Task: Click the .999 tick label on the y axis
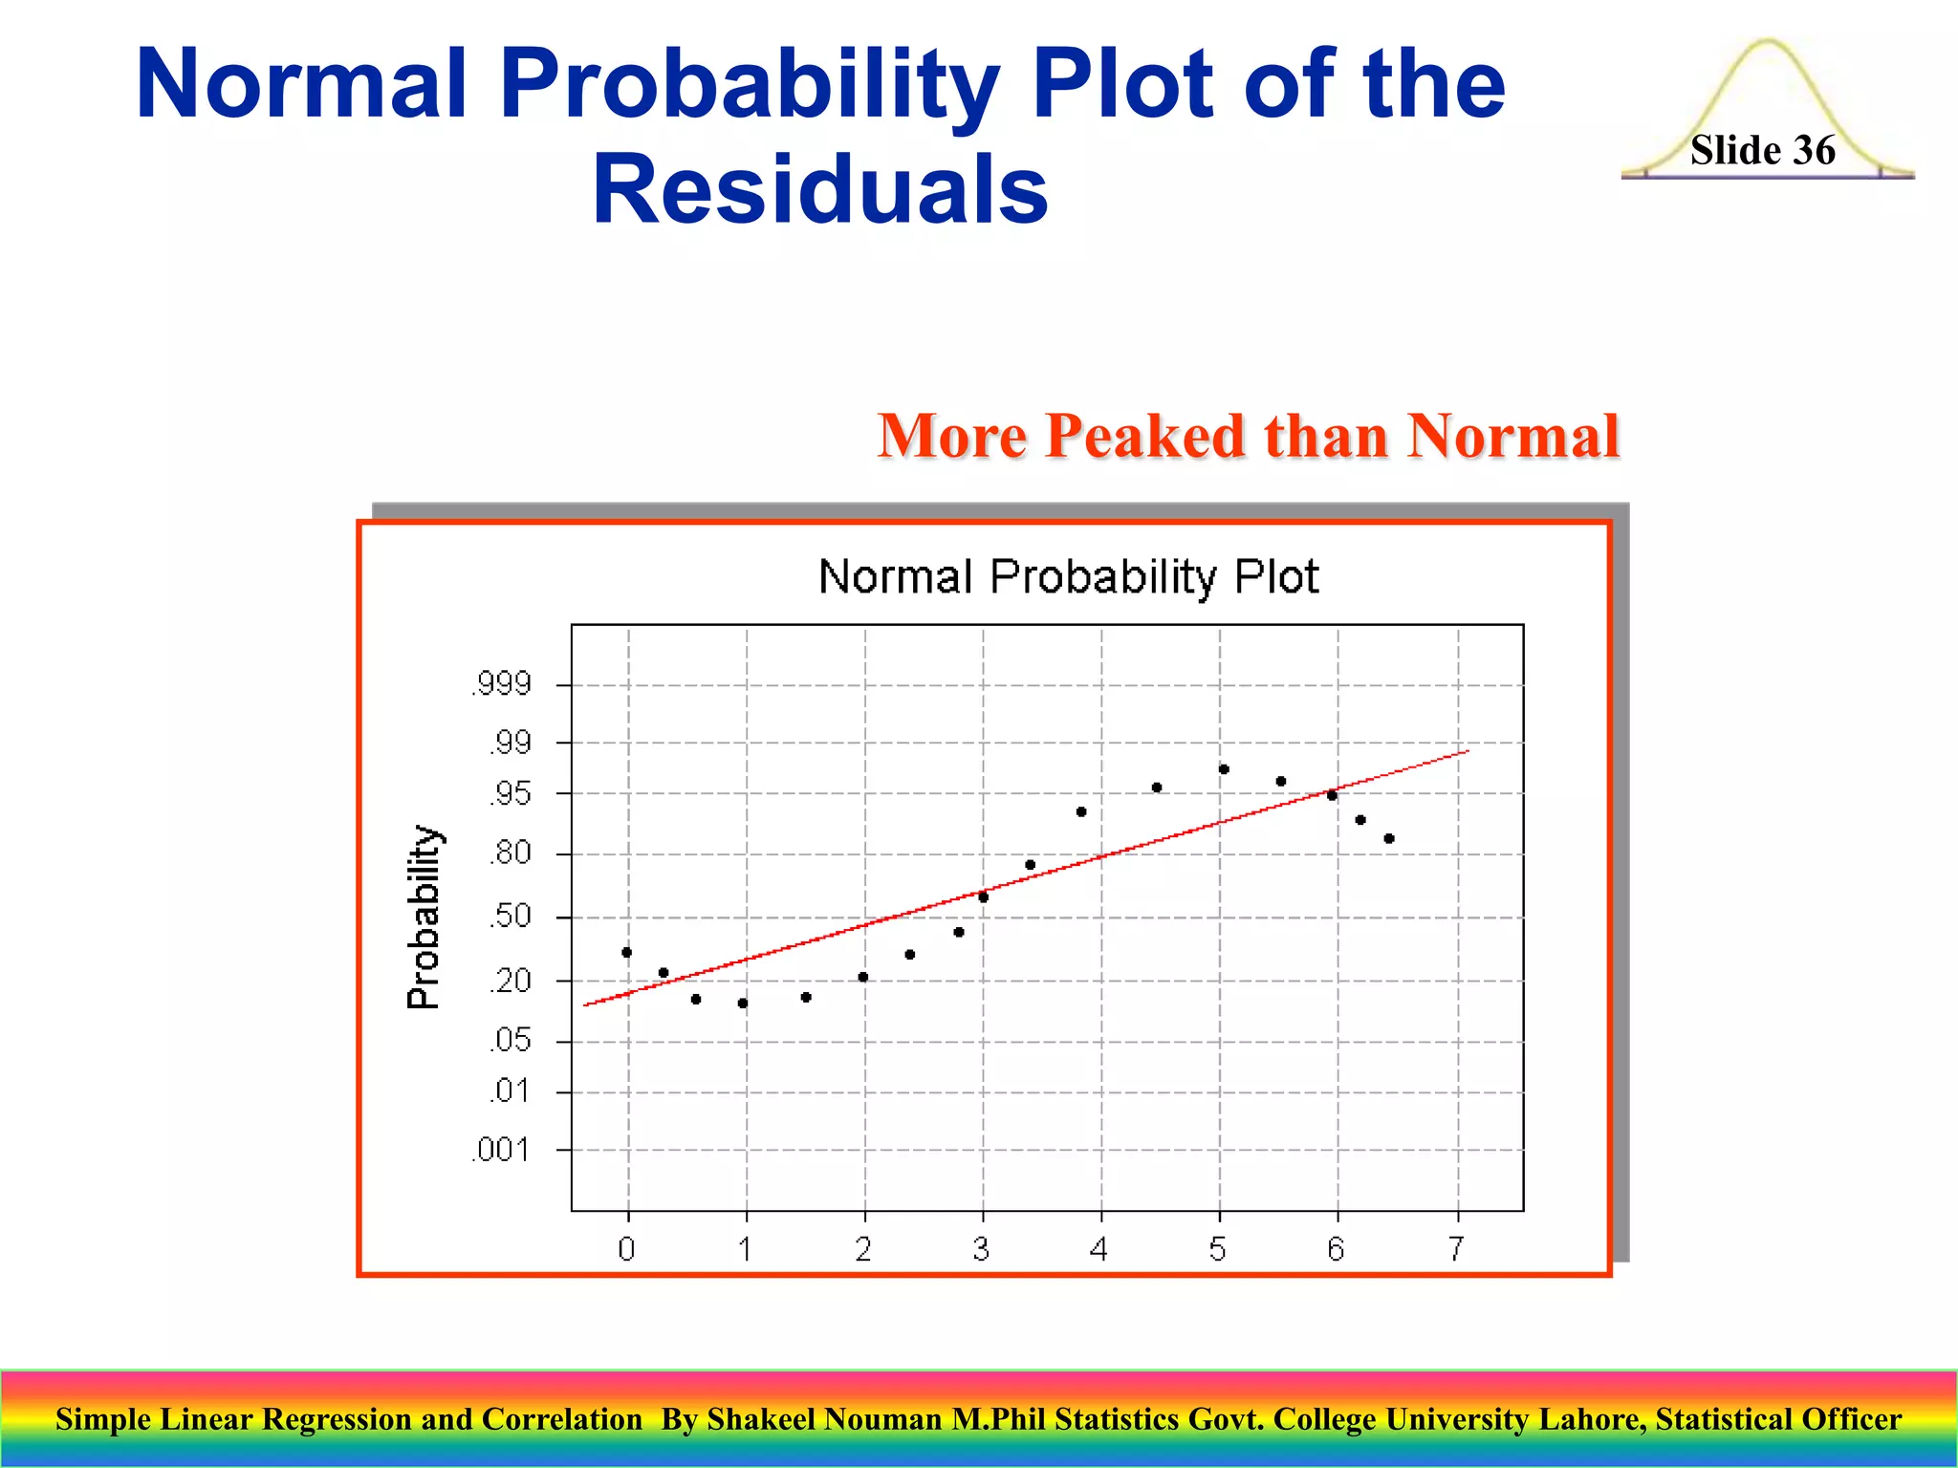[x=502, y=684]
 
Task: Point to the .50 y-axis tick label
[x=511, y=917]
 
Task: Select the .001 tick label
[x=502, y=1150]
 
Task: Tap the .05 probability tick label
[x=511, y=1040]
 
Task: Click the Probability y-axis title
[x=424, y=917]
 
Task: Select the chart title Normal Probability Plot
[x=1069, y=577]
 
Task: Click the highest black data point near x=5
[x=1224, y=769]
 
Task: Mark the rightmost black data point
[x=1389, y=839]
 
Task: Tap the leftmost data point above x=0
[x=627, y=952]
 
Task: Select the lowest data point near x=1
[x=743, y=1004]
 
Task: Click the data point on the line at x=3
[x=983, y=897]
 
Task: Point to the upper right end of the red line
[x=1467, y=752]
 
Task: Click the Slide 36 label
[x=1762, y=150]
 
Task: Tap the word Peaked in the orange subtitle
[x=1145, y=437]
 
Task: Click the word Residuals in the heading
[x=820, y=189]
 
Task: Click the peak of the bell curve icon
[x=1768, y=42]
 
